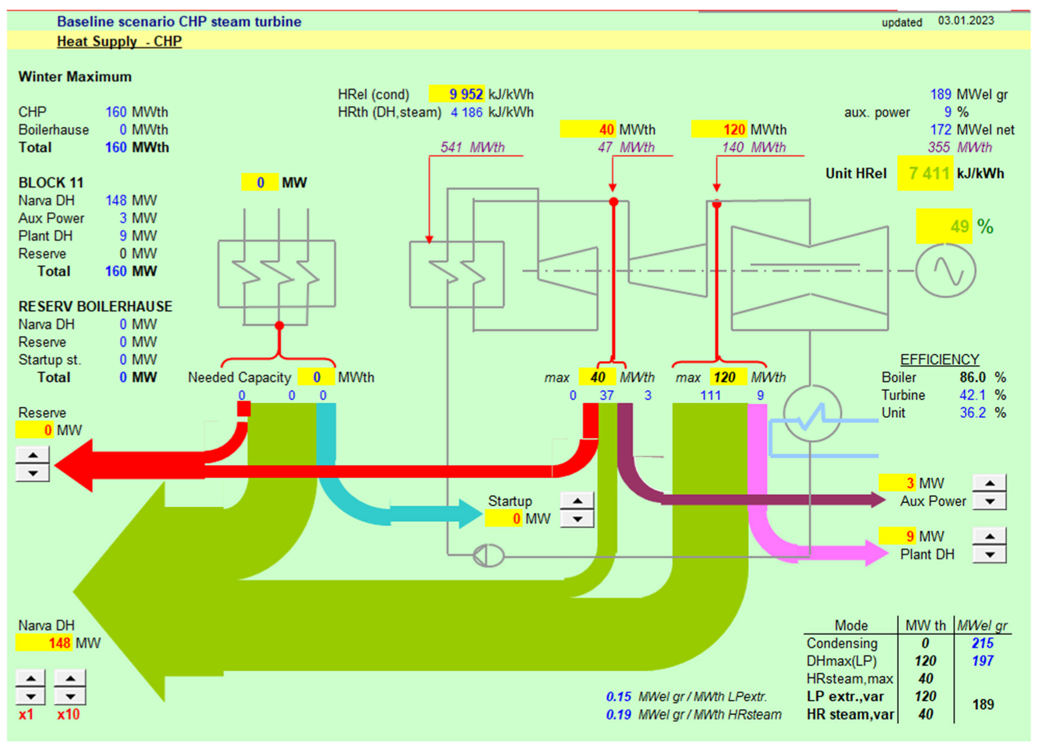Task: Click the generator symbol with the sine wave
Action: pyautogui.click(x=946, y=271)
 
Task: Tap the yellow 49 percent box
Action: pyautogui.click(x=945, y=226)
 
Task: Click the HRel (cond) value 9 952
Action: pyautogui.click(x=457, y=94)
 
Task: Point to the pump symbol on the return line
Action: pyautogui.click(x=488, y=556)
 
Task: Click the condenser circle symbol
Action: pyautogui.click(x=812, y=414)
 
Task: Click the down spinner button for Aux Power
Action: pyautogui.click(x=990, y=501)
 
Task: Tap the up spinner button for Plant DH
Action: pyautogui.click(x=990, y=536)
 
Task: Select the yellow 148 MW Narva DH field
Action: pyautogui.click(x=45, y=643)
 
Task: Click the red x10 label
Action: pyautogui.click(x=68, y=714)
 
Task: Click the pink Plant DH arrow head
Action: pyautogui.click(x=875, y=553)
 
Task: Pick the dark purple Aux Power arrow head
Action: pyautogui.click(x=877, y=500)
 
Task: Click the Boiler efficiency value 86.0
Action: pyautogui.click(x=972, y=377)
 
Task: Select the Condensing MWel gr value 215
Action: pyautogui.click(x=982, y=643)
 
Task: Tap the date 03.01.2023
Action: pyautogui.click(x=966, y=21)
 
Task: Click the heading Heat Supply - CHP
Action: pyautogui.click(x=119, y=41)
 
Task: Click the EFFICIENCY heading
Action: pyautogui.click(x=939, y=360)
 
